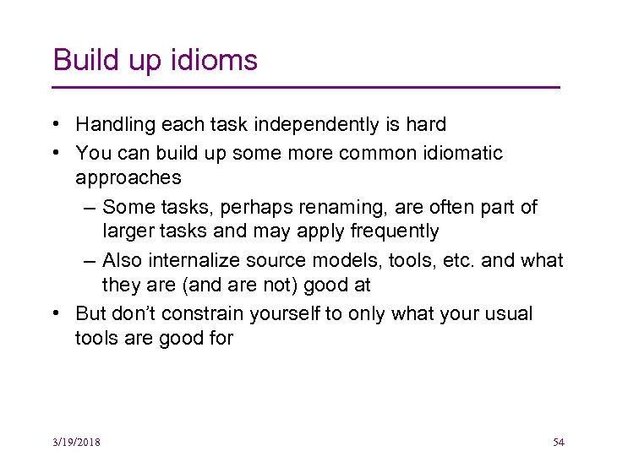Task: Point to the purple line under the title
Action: click(306, 87)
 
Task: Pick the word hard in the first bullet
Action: click(425, 125)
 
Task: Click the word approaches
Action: click(128, 177)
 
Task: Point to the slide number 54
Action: click(558, 442)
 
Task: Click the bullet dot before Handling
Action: click(54, 125)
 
